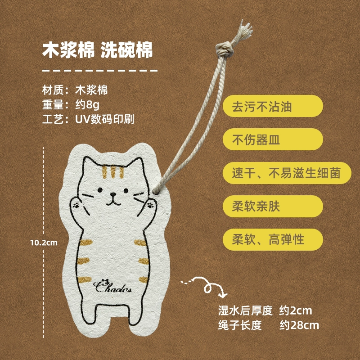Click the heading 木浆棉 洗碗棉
[98, 50]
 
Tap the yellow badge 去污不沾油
[273, 106]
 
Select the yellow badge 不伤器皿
[273, 139]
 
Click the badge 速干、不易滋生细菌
[287, 173]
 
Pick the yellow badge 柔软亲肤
[273, 206]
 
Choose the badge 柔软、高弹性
[273, 239]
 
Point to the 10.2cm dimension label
[44, 243]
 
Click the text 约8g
[87, 105]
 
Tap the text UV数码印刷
[105, 119]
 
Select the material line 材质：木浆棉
[75, 90]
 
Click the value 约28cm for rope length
[299, 325]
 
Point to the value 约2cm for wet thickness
[296, 310]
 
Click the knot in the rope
[225, 49]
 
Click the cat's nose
[113, 194]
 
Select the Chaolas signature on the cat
[112, 286]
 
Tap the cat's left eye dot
[100, 190]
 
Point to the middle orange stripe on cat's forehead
[113, 172]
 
